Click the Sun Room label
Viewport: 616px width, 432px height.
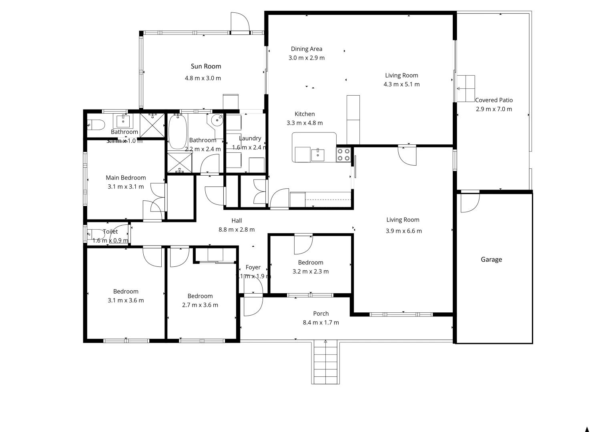click(x=206, y=66)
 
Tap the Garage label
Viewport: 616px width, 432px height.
click(x=491, y=260)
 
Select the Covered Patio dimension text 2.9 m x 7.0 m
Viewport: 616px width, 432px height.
click(x=494, y=109)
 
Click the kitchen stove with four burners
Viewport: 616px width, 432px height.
click(x=343, y=154)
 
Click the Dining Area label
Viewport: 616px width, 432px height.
click(x=306, y=49)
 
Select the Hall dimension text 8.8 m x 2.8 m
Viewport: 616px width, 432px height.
click(x=237, y=230)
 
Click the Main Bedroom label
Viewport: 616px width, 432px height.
click(x=126, y=178)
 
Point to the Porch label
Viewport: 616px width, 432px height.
click(x=321, y=314)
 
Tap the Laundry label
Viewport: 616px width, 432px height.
click(x=250, y=138)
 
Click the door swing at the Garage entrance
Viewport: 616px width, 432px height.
click(x=469, y=202)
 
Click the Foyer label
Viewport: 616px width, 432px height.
click(x=253, y=267)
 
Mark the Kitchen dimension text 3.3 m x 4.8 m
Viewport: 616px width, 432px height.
click(x=305, y=123)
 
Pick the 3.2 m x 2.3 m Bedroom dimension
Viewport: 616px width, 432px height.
click(x=311, y=272)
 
